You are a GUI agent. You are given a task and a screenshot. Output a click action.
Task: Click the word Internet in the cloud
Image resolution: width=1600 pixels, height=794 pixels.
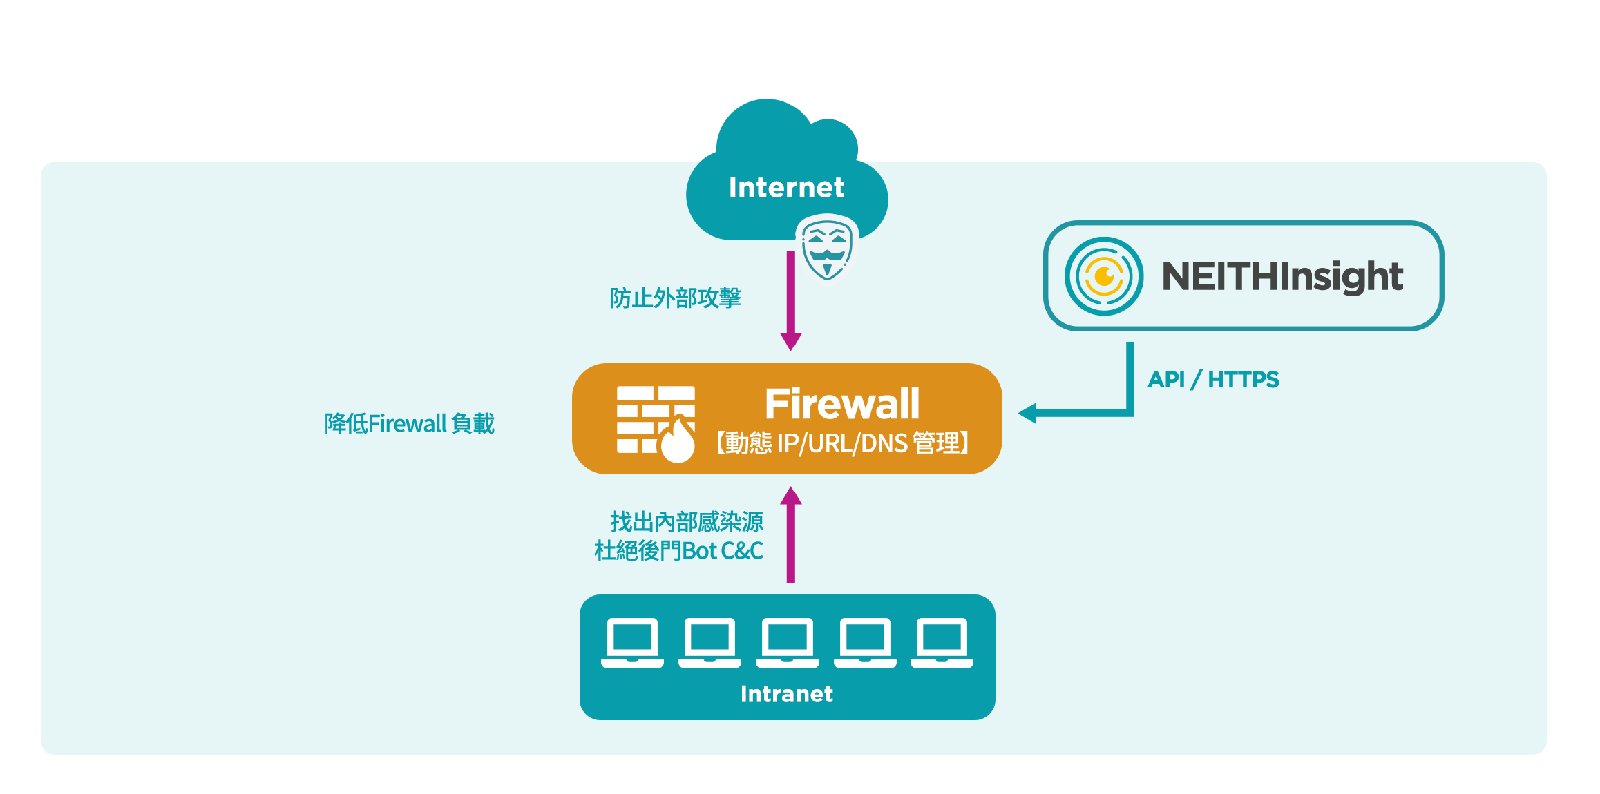[x=786, y=187]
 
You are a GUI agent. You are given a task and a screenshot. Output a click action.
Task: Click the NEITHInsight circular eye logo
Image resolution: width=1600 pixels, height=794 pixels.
[x=1103, y=276]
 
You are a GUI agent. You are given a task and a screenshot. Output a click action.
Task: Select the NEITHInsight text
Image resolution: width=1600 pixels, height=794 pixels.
[x=1282, y=276]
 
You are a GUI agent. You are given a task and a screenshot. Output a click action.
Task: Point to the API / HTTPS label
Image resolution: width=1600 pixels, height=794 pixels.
[x=1213, y=379]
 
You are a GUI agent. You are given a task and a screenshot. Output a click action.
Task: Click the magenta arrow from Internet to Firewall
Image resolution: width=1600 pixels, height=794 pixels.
[x=791, y=300]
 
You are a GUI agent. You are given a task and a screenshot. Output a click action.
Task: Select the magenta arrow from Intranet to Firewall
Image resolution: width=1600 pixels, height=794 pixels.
[x=791, y=534]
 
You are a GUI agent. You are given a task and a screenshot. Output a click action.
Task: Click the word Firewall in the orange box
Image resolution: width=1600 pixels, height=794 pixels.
[x=842, y=404]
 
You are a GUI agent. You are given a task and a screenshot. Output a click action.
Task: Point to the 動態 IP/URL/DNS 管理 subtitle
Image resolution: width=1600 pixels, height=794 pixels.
[x=842, y=443]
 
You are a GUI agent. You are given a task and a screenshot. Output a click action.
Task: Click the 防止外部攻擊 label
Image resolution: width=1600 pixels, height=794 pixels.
[x=675, y=298]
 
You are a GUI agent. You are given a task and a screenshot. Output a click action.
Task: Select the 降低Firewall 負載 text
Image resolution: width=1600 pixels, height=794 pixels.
[x=410, y=423]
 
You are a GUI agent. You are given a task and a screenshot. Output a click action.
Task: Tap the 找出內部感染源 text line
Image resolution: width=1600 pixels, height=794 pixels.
[x=687, y=522]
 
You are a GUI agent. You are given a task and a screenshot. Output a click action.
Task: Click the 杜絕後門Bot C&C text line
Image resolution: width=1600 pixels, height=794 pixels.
[x=679, y=551]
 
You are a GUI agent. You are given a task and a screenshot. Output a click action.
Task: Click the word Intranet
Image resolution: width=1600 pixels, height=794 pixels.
[x=787, y=694]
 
